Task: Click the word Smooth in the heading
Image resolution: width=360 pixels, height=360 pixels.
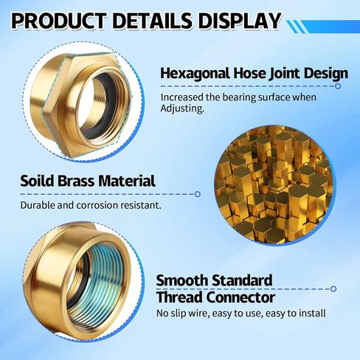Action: click(x=184, y=280)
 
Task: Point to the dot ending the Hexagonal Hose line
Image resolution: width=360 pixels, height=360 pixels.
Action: click(x=338, y=86)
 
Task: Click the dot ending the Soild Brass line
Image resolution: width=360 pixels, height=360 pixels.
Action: click(x=198, y=194)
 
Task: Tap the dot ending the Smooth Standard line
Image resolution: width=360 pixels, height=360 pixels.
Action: click(x=333, y=288)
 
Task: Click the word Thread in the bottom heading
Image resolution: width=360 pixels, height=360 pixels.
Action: click(x=181, y=298)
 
